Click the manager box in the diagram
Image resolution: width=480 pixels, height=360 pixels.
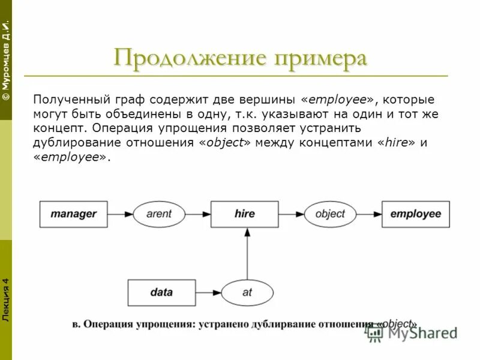coord(73,214)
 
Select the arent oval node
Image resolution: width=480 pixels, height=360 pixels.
coord(159,214)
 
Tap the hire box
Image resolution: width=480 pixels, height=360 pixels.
coord(245,214)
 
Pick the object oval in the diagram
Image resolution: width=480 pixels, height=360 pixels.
coord(330,214)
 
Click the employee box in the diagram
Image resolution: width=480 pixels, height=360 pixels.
coord(415,214)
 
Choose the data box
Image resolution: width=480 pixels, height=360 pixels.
coord(161,293)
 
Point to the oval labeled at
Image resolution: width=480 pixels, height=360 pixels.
coord(247,293)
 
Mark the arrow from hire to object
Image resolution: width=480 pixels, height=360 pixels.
coord(292,214)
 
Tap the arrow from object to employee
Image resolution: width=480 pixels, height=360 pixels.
coord(369,214)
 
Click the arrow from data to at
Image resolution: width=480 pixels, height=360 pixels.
coord(208,293)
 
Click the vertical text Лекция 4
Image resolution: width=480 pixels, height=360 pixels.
coord(5,300)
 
